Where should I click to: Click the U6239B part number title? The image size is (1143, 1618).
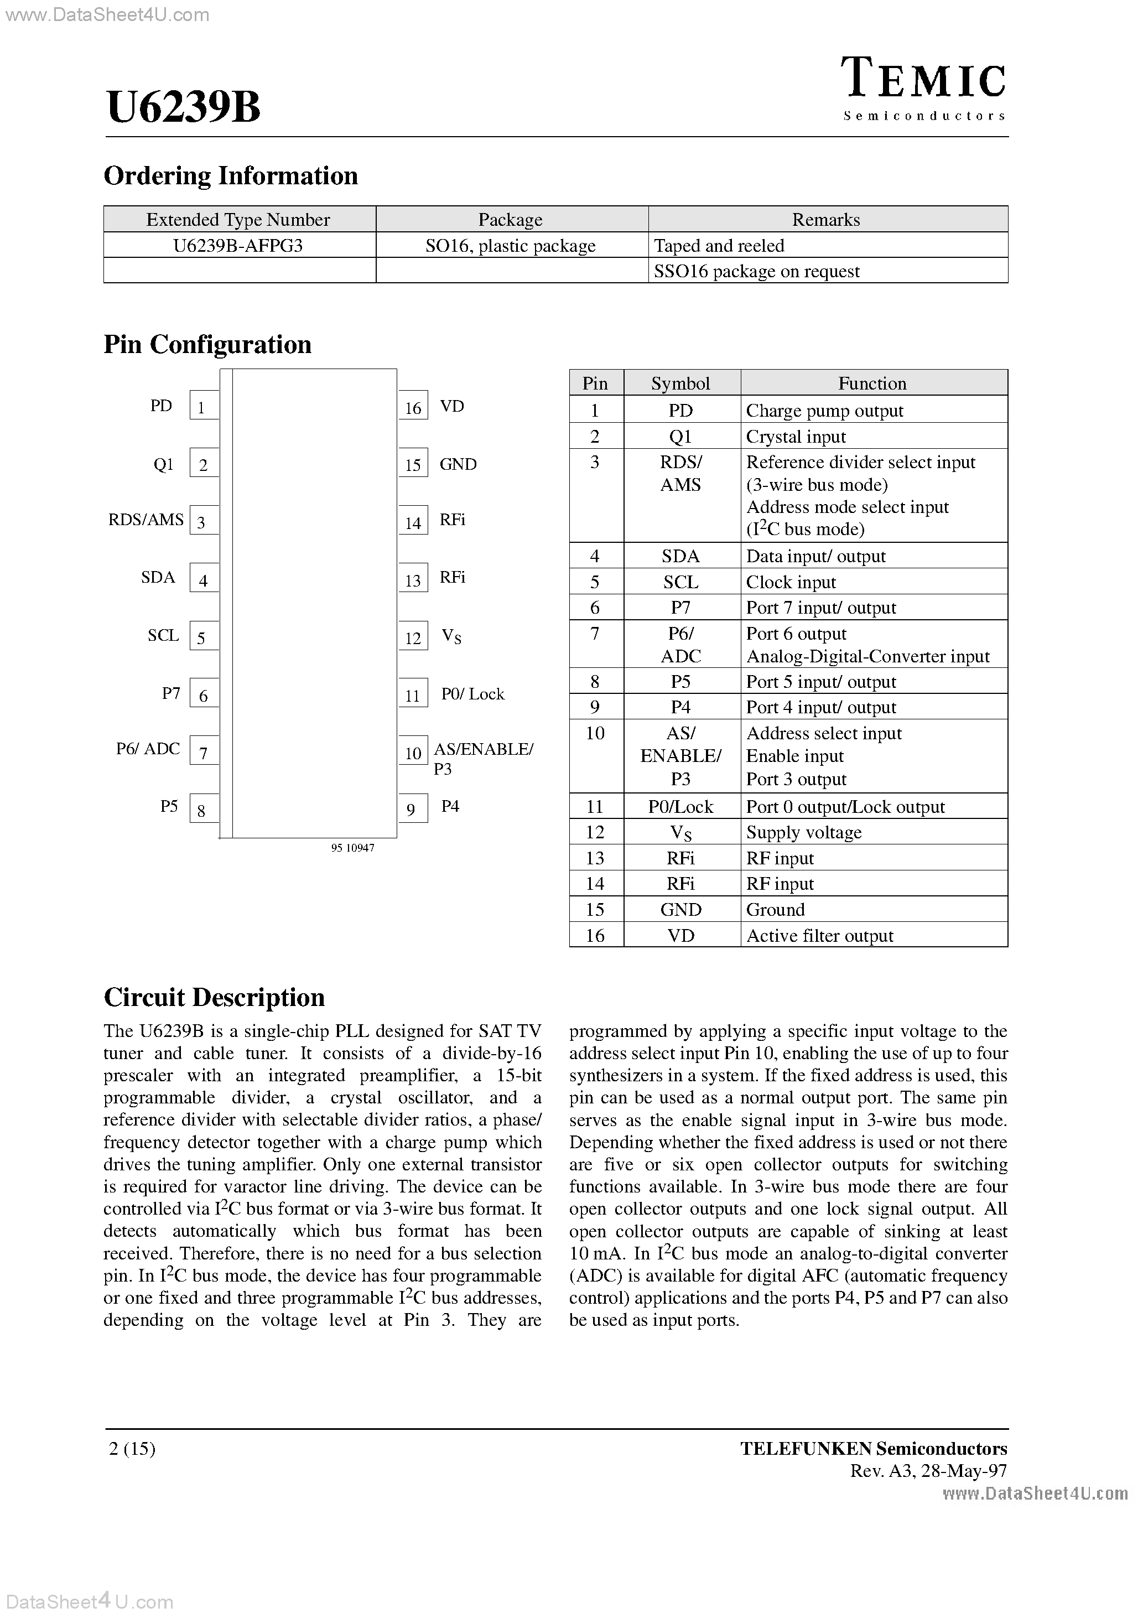pos(184,108)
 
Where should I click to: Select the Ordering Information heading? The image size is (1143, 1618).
pos(231,175)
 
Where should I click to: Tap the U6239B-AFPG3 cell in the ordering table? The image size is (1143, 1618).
pos(238,245)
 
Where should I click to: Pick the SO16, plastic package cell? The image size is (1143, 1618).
pos(510,245)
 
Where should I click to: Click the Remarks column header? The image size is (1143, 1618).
pos(826,219)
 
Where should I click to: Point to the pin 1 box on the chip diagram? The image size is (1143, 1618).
pos(203,407)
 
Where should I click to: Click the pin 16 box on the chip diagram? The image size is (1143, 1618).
pos(413,407)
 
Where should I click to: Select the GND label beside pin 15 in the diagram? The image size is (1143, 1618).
pos(458,464)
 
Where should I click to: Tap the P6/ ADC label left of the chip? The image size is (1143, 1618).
pos(148,748)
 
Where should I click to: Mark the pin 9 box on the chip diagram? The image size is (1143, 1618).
pos(412,809)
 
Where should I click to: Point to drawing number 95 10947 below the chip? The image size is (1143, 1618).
pos(352,848)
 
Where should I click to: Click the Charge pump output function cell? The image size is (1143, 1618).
pos(824,410)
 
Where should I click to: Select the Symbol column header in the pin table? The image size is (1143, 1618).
pos(680,383)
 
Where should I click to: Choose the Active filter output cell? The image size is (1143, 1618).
pos(819,935)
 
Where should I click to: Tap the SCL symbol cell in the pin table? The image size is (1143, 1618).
pos(680,582)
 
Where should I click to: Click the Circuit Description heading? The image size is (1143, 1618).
pos(214,997)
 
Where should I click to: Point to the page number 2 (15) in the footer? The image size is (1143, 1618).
pos(132,1448)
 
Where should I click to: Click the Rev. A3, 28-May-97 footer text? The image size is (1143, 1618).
pos(928,1471)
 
